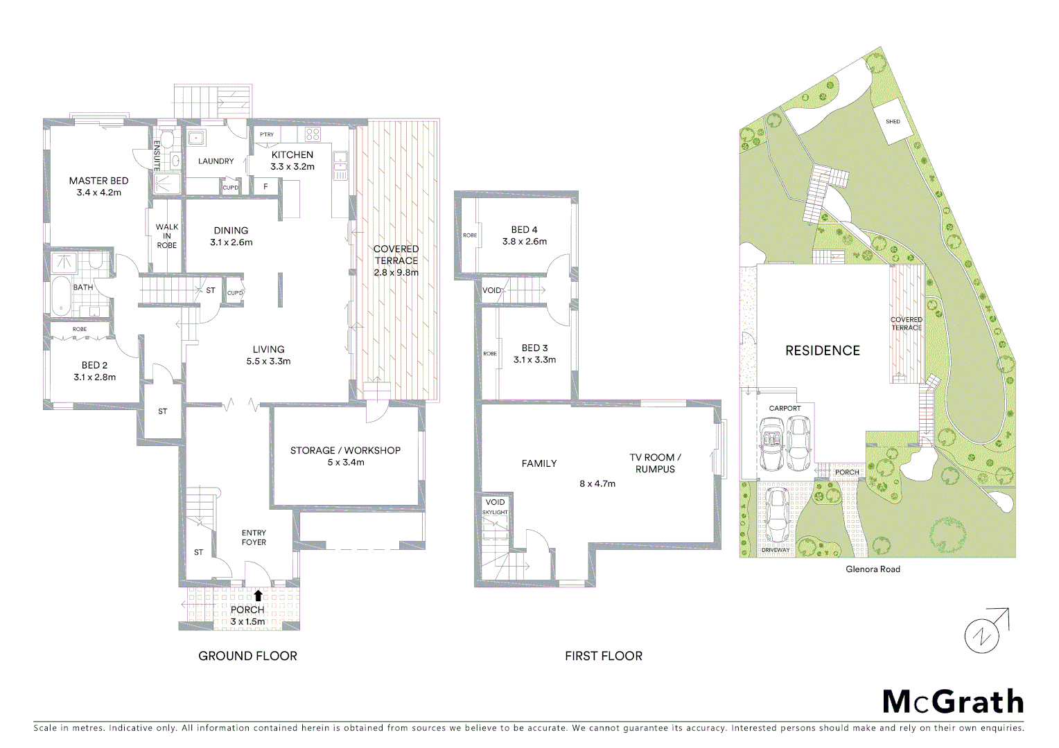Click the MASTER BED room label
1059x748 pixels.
98,181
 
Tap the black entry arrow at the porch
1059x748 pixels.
258,595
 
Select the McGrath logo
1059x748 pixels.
953,702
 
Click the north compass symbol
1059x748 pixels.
983,634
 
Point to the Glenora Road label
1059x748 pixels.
873,569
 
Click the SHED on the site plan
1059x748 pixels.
893,122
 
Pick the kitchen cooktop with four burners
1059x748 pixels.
313,135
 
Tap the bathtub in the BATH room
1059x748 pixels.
61,296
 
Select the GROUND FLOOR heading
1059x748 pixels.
247,656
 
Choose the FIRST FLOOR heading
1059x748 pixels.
603,656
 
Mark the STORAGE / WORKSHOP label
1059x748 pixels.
345,451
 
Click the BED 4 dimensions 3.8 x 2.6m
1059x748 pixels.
524,242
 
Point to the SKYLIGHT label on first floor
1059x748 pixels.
495,513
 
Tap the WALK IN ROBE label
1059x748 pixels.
166,236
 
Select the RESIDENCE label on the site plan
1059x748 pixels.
822,351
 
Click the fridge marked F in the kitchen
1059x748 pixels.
265,187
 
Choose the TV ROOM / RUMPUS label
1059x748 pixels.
655,463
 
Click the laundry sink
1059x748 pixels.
196,138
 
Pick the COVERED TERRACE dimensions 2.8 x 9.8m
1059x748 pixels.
396,273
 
